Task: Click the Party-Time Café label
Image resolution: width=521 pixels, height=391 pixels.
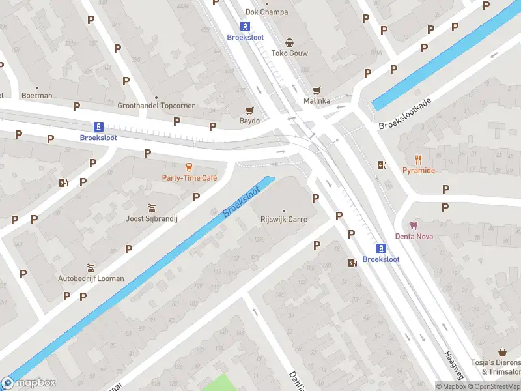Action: coord(189,178)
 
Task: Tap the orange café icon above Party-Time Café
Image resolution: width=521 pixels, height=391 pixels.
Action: coord(190,167)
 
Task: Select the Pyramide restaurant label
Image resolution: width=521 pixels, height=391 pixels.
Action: coord(418,170)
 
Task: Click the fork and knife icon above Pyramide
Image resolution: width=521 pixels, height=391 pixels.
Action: coord(418,159)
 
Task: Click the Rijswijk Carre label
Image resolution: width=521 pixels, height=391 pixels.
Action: coord(283,220)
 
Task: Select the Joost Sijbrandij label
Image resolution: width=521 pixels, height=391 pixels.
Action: coord(152,219)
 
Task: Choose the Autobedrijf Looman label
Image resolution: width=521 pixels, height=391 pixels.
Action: coord(91,278)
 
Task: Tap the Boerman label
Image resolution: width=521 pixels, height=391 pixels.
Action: coord(37,96)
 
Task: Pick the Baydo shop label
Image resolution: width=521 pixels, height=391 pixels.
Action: coord(249,121)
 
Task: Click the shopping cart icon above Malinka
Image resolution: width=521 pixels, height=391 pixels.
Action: coord(317,91)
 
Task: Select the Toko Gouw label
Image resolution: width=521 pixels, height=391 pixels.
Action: coord(289,53)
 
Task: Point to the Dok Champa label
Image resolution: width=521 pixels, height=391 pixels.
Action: coord(266,12)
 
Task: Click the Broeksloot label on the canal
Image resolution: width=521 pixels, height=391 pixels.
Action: coord(241,202)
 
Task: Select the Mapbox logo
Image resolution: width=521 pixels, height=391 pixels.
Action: coord(29,383)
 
